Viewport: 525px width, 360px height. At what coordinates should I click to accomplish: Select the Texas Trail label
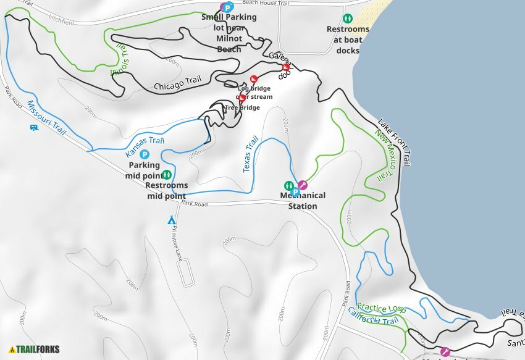pyautogui.click(x=251, y=154)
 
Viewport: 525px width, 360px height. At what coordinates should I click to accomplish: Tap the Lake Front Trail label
pyautogui.click(x=394, y=142)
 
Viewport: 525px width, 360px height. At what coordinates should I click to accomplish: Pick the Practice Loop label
pyautogui.click(x=381, y=308)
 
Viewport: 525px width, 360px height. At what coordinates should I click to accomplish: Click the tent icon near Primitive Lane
pyautogui.click(x=172, y=220)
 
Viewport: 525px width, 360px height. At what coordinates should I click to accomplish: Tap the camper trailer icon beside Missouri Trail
pyautogui.click(x=34, y=128)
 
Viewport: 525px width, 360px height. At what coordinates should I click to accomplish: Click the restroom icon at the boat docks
pyautogui.click(x=348, y=19)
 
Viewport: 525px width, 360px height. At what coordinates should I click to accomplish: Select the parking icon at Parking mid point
pyautogui.click(x=145, y=154)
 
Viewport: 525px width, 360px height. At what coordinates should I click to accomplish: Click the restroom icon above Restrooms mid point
pyautogui.click(x=167, y=175)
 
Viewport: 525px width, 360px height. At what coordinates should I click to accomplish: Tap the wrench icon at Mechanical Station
pyautogui.click(x=303, y=184)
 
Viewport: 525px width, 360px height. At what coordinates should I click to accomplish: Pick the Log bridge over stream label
pyautogui.click(x=254, y=93)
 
